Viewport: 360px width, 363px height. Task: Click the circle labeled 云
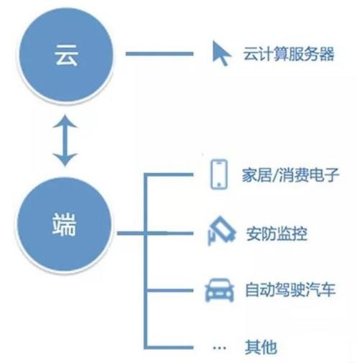coord(65,55)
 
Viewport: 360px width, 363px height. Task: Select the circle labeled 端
coord(64,225)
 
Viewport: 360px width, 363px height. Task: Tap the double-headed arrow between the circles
coord(65,140)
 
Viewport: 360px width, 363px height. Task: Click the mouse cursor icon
coord(221,53)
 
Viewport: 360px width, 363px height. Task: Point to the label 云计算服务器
coord(289,54)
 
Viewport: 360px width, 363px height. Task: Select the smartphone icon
coord(219,174)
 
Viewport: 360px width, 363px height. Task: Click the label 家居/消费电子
coord(290,175)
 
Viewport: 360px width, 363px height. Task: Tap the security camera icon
coord(221,231)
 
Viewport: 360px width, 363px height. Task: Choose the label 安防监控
coord(276,233)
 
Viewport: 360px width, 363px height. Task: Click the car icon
coord(220,290)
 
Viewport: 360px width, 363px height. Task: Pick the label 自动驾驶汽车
coord(290,290)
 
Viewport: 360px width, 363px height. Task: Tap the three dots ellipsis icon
coord(220,347)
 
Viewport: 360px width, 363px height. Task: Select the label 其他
coord(261,347)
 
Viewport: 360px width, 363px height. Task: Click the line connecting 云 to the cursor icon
coord(160,54)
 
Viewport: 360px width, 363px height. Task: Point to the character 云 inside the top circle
coord(66,55)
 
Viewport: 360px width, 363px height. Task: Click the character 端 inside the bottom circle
coord(64,225)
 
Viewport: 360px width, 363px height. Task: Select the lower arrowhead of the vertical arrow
coord(65,160)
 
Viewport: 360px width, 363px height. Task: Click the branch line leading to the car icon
coord(169,290)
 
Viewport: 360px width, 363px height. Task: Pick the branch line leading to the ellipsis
coord(169,347)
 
